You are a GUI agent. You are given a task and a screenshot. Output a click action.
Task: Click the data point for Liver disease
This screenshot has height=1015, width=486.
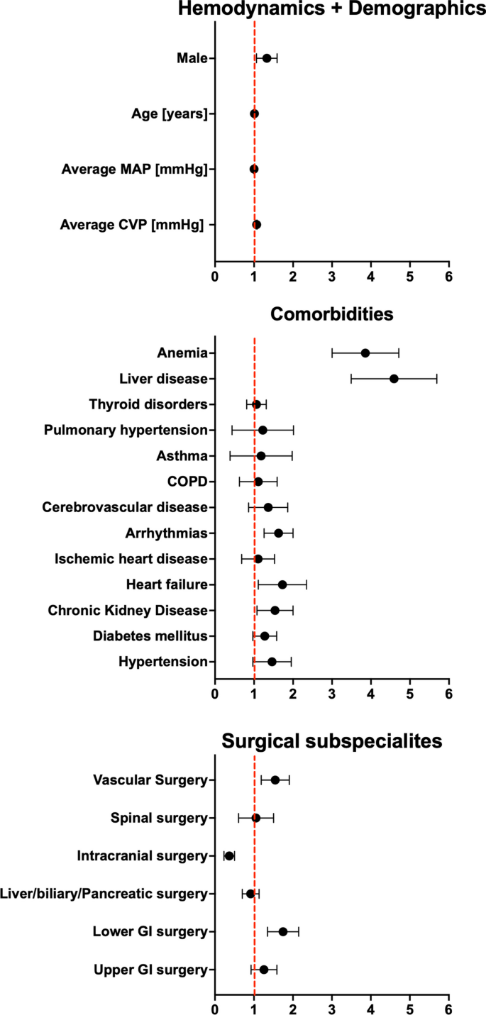pos(394,379)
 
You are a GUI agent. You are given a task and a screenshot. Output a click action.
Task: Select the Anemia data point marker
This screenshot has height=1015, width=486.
pos(365,353)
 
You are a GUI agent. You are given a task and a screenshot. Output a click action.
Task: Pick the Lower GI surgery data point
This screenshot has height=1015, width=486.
pos(283,931)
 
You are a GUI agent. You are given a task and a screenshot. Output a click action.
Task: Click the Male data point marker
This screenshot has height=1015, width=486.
pos(267,58)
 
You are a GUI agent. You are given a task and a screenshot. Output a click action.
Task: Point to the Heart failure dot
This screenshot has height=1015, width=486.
pos(282,584)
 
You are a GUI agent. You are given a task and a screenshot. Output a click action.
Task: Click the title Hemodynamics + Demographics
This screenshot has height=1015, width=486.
pos(331,9)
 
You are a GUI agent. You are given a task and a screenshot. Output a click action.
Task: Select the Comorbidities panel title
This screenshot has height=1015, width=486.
pos(331,313)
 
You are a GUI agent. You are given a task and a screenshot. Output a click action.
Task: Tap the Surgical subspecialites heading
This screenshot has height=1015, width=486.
pos(331,741)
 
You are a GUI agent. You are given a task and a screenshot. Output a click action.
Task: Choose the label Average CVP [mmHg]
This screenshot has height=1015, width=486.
pos(132,225)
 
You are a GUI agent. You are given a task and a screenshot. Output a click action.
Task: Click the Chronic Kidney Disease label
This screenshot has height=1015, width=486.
pos(128,611)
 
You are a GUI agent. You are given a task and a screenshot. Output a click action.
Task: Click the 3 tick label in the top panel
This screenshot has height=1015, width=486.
pos(331,274)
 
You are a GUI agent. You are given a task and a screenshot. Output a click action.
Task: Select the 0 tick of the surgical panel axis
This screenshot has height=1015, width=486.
pos(215,1007)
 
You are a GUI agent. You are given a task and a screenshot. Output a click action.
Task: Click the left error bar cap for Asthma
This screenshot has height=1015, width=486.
pos(230,456)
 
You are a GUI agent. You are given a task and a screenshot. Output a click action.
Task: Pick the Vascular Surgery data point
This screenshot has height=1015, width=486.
pos(275,780)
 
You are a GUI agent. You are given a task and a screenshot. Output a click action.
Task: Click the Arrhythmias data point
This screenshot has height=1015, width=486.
pos(278,533)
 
